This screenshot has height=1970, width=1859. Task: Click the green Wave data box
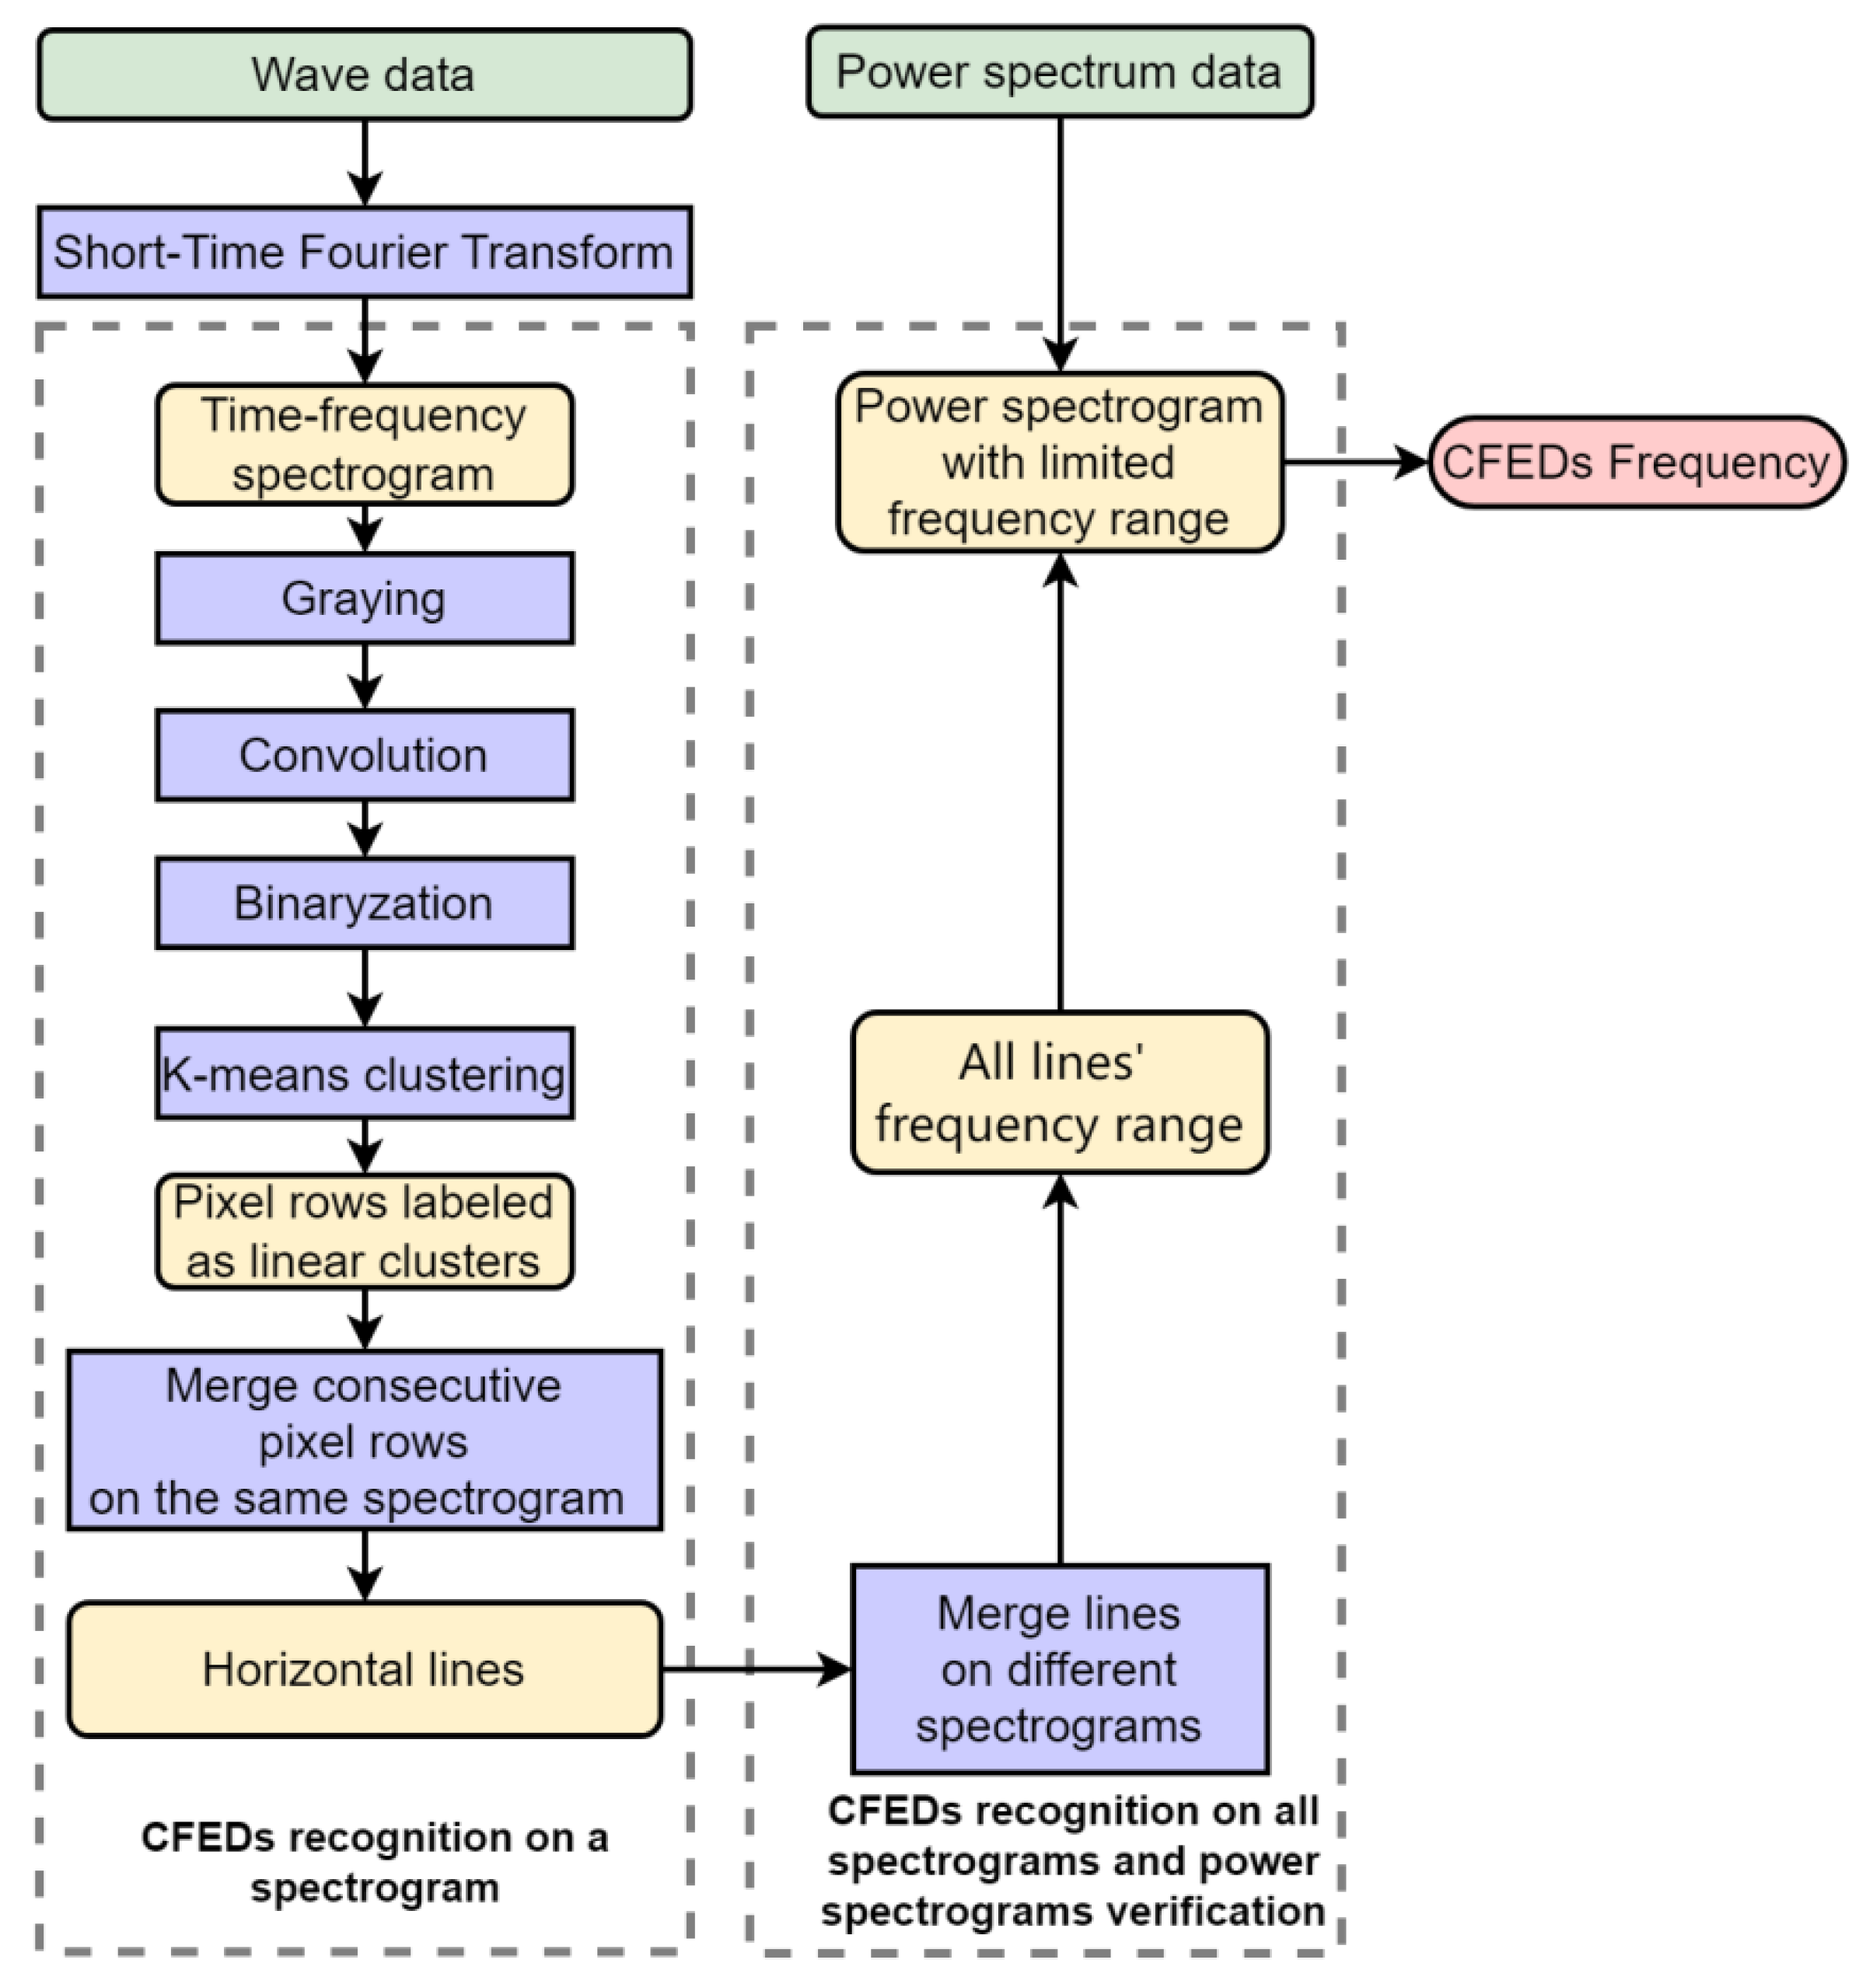(365, 75)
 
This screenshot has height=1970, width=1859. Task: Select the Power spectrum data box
(1059, 72)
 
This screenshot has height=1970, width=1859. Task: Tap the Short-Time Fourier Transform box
(365, 252)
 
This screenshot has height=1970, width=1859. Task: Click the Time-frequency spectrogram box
(365, 444)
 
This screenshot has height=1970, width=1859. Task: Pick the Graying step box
(365, 599)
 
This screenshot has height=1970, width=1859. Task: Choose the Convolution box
(365, 755)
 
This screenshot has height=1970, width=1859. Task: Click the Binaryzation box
(365, 903)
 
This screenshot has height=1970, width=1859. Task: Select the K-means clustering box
(365, 1073)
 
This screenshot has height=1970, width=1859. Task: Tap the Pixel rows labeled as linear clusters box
(365, 1231)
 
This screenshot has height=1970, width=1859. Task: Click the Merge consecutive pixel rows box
(365, 1440)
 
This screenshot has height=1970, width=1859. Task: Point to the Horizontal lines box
(365, 1670)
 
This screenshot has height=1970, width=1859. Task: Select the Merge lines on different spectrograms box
(1059, 1670)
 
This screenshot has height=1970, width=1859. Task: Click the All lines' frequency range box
(1059, 1092)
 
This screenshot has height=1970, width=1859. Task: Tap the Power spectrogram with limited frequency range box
(1059, 462)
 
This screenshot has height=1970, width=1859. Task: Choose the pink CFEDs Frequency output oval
(1635, 462)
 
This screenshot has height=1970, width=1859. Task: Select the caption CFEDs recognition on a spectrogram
(375, 1862)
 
